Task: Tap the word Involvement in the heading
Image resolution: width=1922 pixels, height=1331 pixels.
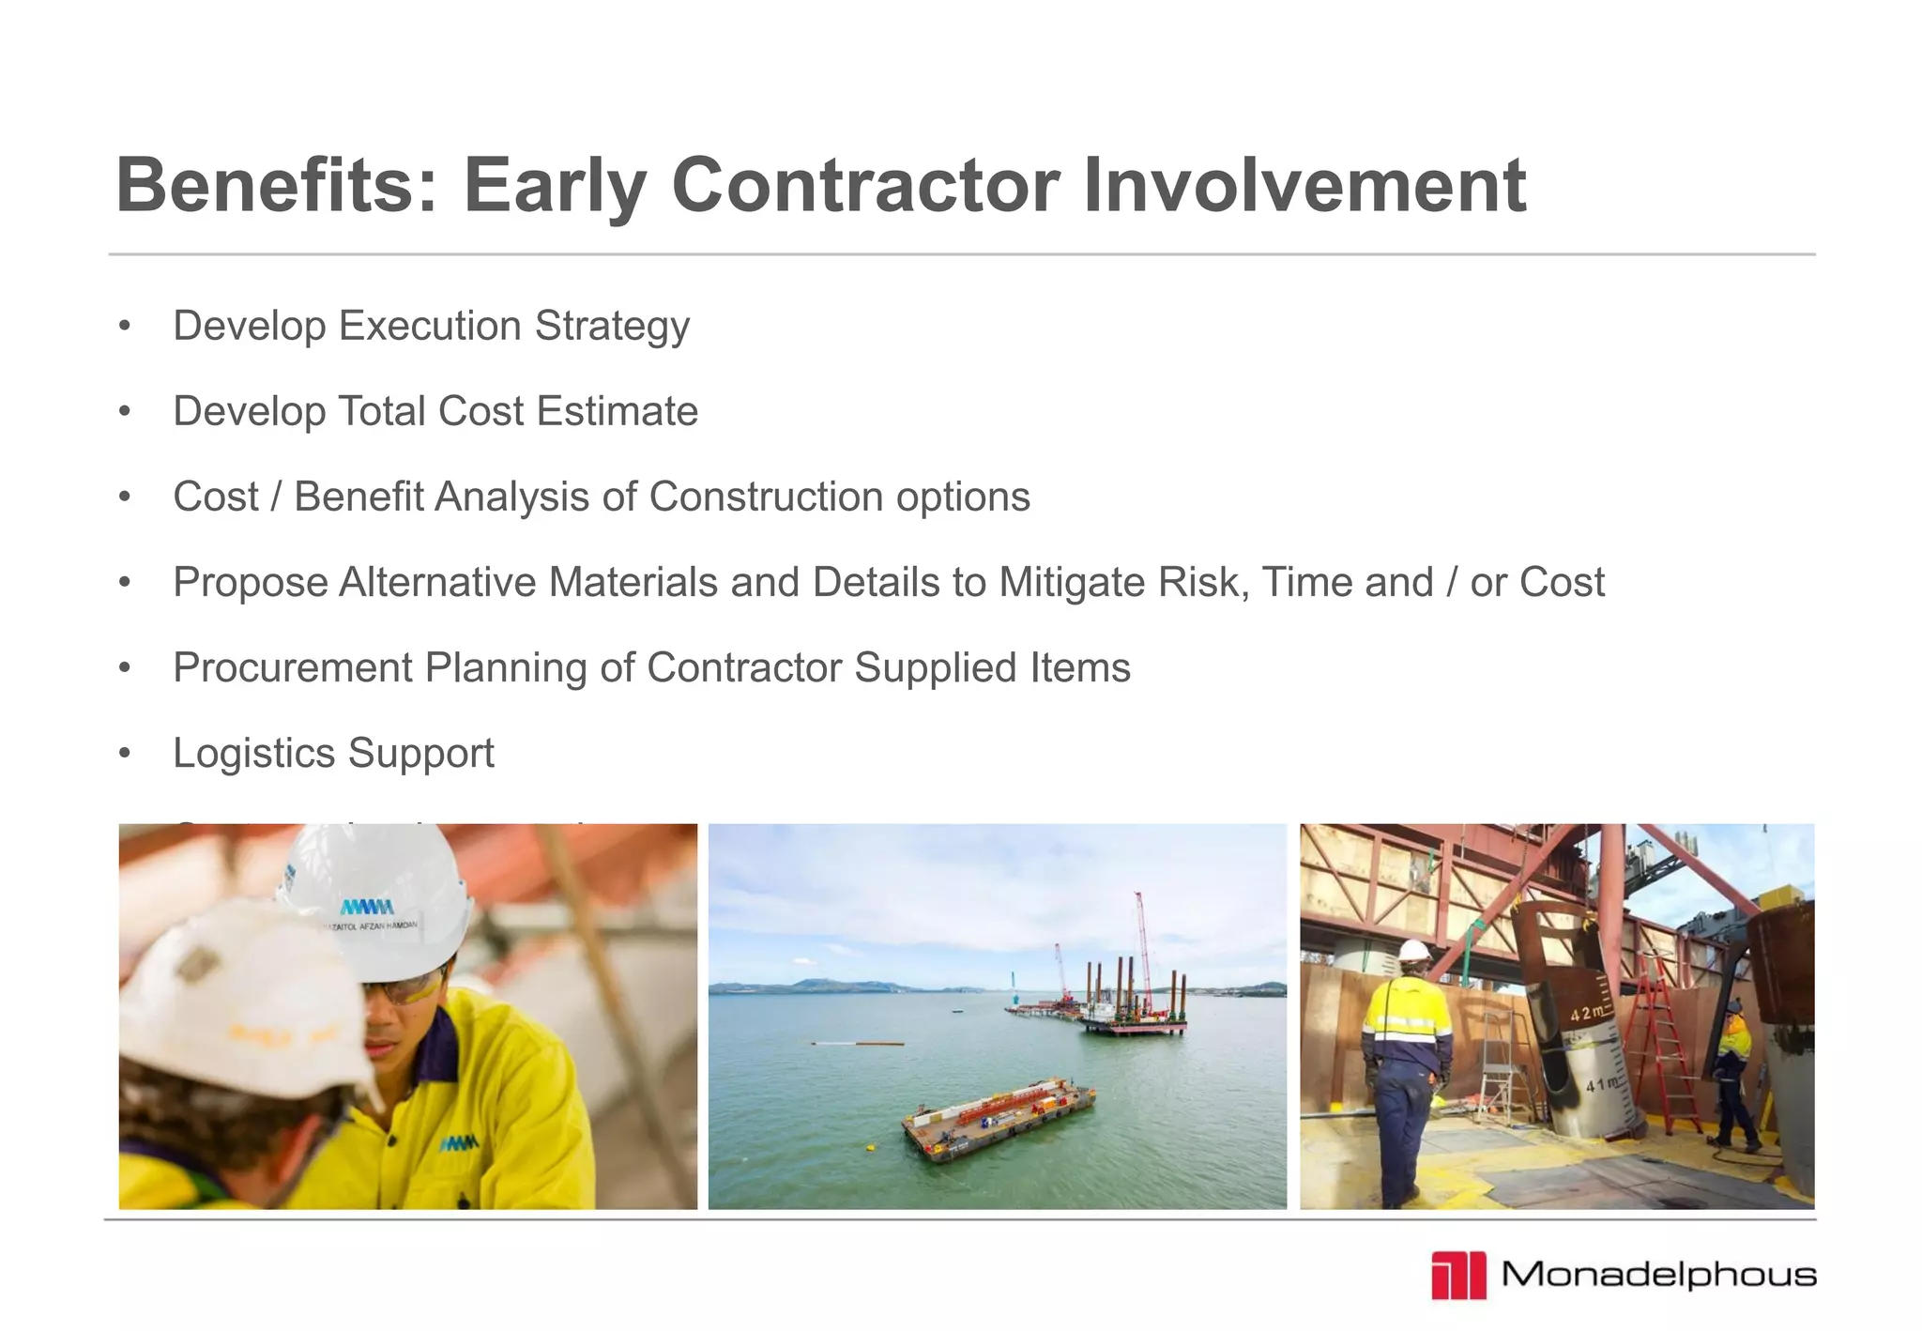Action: click(1304, 185)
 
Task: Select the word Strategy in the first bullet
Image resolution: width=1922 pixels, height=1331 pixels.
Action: click(612, 327)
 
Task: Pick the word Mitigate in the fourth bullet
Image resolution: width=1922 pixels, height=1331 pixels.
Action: click(1072, 582)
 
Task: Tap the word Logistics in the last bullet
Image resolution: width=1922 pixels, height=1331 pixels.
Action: click(254, 754)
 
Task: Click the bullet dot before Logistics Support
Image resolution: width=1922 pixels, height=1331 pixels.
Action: click(125, 754)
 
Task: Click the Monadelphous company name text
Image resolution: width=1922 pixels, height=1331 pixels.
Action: click(1658, 1275)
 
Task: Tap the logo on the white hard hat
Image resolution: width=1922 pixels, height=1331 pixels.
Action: click(367, 908)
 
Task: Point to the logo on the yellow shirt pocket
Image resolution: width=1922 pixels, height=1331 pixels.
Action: click(459, 1143)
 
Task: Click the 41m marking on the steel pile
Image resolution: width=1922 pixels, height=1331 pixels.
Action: click(1601, 1085)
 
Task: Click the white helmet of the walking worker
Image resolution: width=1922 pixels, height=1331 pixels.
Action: click(1414, 951)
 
